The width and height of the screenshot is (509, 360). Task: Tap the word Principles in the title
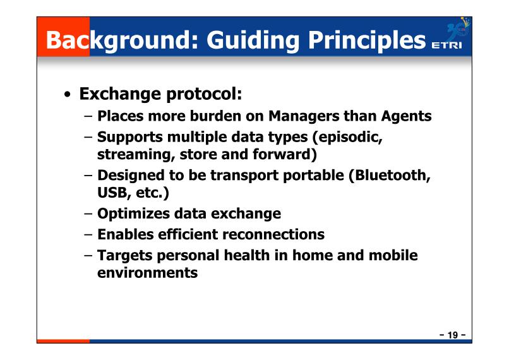[x=367, y=40]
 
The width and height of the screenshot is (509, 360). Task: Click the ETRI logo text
[x=446, y=45]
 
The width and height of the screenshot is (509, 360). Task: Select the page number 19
[x=453, y=335]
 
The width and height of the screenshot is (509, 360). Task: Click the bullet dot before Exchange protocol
[x=67, y=95]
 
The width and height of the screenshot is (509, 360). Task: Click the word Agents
[x=407, y=116]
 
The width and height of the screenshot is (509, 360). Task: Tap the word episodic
[x=350, y=137]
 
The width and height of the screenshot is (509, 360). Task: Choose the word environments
[x=147, y=273]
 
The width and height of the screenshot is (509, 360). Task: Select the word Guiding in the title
[x=253, y=40]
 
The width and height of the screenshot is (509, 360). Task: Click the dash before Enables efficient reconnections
[x=88, y=234]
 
